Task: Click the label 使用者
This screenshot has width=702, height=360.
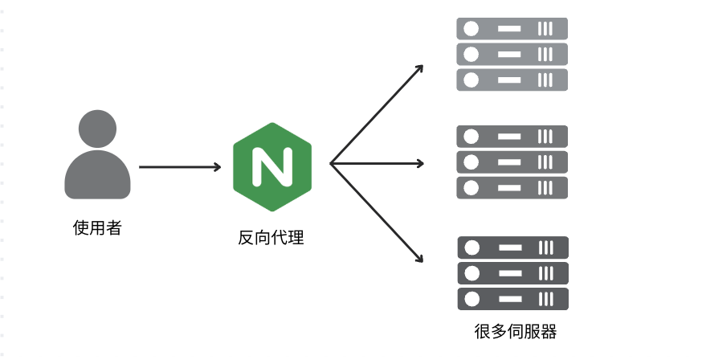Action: [97, 227]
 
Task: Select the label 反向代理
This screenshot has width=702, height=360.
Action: [271, 238]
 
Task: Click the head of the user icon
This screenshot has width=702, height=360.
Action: [98, 128]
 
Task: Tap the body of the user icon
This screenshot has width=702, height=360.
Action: [98, 177]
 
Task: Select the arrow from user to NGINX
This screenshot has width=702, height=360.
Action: [179, 167]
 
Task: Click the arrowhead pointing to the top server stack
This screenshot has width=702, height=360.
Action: [418, 70]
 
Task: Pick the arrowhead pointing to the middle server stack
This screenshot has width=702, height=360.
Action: [418, 163]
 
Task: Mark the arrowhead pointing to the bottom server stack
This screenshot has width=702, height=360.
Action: [418, 258]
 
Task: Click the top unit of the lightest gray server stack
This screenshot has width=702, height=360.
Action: [512, 29]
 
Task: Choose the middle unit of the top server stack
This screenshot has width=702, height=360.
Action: [512, 55]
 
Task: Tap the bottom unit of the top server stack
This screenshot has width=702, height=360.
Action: [512, 80]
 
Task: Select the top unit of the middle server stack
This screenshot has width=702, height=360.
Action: [512, 136]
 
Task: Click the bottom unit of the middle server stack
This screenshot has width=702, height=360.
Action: [512, 187]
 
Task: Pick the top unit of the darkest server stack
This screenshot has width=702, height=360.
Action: [512, 247]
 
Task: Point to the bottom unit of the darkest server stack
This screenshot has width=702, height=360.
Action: [512, 299]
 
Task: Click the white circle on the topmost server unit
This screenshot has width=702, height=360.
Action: [471, 29]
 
